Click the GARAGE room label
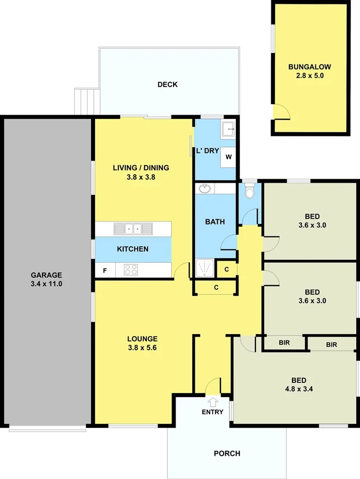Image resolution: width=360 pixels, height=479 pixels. [x=46, y=275]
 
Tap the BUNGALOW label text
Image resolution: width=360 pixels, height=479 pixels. [x=310, y=67]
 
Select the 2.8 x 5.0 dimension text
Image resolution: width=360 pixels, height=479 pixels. [x=310, y=76]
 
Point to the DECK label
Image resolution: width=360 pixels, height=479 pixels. [x=167, y=84]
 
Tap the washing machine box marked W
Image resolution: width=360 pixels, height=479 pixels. [x=228, y=157]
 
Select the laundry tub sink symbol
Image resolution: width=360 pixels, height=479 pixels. [x=228, y=128]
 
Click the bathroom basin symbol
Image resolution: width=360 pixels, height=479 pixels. [x=204, y=188]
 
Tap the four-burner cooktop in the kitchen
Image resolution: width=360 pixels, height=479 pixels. [x=131, y=270]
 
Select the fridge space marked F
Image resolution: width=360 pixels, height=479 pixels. [x=105, y=271]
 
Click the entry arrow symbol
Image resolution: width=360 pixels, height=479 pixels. [x=213, y=402]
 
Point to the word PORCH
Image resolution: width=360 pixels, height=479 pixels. [x=227, y=454]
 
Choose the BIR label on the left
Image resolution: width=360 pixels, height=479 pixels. [x=284, y=344]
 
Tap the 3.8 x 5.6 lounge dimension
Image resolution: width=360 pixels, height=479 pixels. [x=142, y=348]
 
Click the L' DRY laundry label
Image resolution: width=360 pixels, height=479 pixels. [x=208, y=151]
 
